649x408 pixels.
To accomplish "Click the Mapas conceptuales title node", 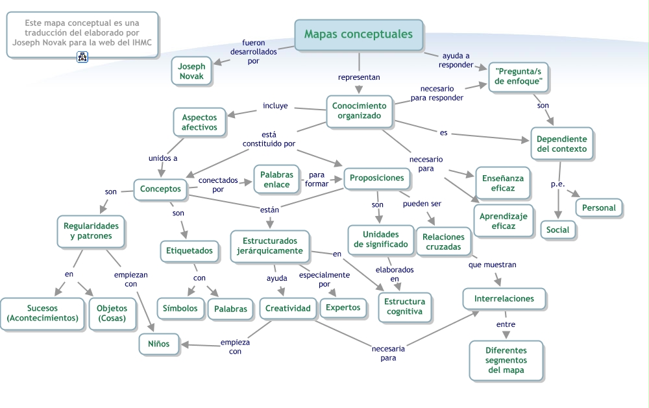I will (x=358, y=34).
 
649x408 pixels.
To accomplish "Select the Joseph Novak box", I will (x=191, y=71).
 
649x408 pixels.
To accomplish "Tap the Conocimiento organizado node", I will (x=359, y=111).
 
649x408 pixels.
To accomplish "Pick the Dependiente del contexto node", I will (x=561, y=144).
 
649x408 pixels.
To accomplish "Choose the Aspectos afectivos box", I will (x=199, y=122).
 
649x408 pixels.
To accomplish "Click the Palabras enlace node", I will (x=277, y=180).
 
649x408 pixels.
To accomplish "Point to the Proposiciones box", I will (x=376, y=178).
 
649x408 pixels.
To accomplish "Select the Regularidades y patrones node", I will (x=91, y=231).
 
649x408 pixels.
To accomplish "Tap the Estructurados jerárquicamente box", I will (x=269, y=246).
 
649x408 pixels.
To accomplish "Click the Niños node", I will (x=158, y=344).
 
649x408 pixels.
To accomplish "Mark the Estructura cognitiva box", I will (x=405, y=306).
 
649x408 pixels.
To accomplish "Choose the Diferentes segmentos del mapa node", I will (x=506, y=360).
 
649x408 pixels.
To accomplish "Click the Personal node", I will (x=598, y=208).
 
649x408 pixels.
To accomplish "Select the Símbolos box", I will (x=180, y=308).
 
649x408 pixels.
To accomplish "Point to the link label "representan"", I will (x=359, y=77).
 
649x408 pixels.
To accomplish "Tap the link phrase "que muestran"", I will (x=493, y=265).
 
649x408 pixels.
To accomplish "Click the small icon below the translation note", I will (x=82, y=58).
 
